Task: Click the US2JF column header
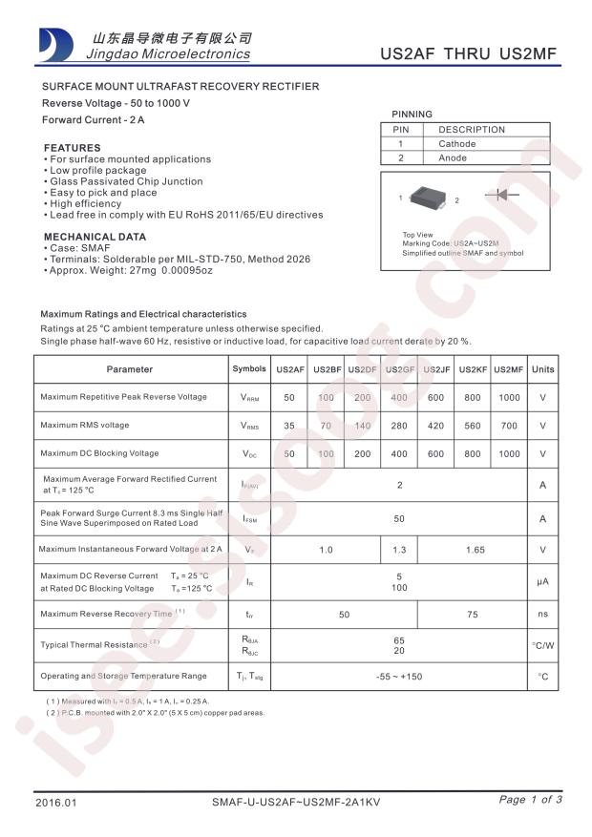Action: click(x=435, y=369)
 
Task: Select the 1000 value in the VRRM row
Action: click(x=509, y=397)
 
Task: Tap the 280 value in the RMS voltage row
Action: click(x=399, y=426)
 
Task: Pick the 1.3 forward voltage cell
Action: click(x=399, y=550)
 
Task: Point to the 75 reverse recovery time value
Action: click(x=472, y=616)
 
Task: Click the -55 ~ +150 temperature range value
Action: click(x=399, y=677)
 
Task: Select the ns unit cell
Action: click(x=542, y=616)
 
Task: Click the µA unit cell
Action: click(x=542, y=581)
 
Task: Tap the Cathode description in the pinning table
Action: click(x=457, y=144)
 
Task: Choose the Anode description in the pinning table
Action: click(x=453, y=158)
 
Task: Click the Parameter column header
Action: click(x=130, y=369)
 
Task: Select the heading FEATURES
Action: click(x=73, y=148)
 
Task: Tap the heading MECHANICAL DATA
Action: click(x=95, y=237)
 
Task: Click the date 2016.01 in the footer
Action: click(x=55, y=802)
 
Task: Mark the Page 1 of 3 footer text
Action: click(x=530, y=800)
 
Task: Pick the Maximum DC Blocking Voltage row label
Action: click(x=100, y=453)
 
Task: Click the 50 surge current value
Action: click(x=399, y=519)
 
